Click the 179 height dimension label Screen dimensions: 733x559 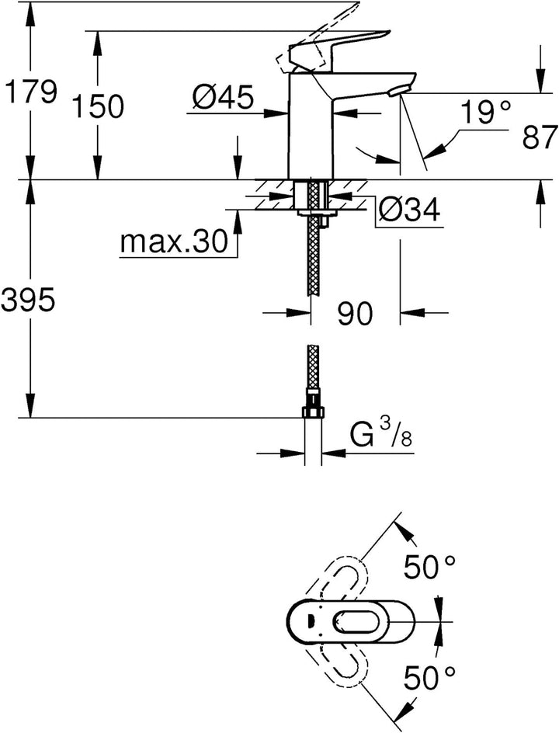30,93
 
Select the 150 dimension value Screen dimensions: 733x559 98,107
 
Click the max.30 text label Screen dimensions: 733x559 175,244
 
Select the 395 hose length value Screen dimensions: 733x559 29,300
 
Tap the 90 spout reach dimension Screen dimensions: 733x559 355,314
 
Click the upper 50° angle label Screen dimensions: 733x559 429,568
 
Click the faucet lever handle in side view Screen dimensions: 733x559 342,47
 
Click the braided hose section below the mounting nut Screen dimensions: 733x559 314,264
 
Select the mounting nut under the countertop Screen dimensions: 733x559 314,210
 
